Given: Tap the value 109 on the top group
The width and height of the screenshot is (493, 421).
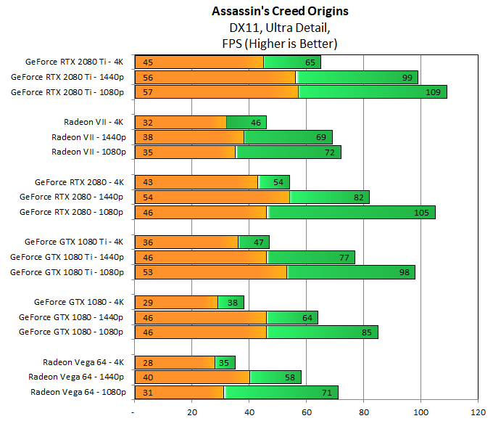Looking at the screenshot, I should coord(433,92).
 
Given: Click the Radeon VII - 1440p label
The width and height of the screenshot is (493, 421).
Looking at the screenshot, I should coord(88,137).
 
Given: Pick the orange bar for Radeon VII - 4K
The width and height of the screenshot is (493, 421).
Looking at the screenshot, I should coord(180,122).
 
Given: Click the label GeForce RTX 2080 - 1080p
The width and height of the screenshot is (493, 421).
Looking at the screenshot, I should coord(72,212).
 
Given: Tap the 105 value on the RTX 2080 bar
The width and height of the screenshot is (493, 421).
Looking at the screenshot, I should coord(423,212).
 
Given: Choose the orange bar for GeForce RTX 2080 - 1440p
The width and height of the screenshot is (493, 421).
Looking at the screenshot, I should coord(212,197).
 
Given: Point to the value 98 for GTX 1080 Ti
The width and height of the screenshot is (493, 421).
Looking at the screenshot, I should coord(402,272).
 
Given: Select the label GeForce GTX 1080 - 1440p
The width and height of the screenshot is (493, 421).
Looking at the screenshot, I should coord(71,317).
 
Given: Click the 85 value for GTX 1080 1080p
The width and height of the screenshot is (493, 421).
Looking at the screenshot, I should coord(365,332).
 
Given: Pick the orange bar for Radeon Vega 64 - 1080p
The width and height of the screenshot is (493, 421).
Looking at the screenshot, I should coord(178,392).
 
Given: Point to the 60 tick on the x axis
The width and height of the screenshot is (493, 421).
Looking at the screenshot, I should coord(306,412).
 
